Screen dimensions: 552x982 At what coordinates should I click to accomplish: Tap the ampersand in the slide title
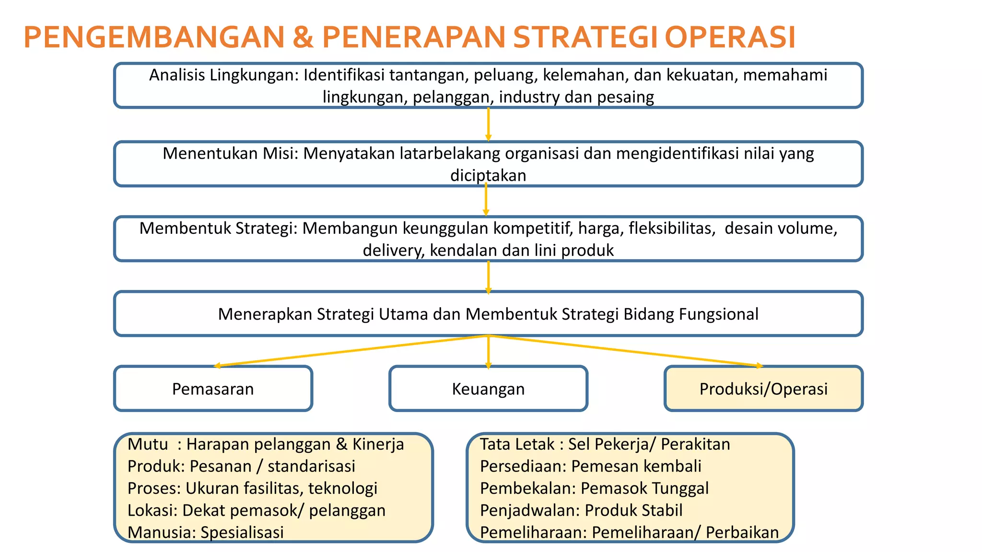pyautogui.click(x=303, y=37)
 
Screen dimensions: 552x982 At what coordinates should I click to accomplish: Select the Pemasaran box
pyautogui.click(x=213, y=389)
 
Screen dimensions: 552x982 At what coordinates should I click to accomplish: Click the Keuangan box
pyautogui.click(x=488, y=389)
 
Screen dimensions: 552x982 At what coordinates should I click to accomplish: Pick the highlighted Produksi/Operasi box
pyautogui.click(x=763, y=389)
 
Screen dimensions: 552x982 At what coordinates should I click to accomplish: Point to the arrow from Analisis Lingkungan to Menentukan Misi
pyautogui.click(x=488, y=124)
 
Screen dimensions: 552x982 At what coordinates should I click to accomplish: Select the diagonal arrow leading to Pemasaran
pyautogui.click(x=350, y=351)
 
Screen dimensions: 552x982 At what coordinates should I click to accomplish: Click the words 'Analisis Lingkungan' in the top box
pyautogui.click(x=224, y=75)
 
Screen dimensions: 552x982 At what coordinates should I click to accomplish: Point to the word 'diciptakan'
pyautogui.click(x=488, y=175)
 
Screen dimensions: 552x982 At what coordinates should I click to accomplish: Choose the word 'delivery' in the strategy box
pyautogui.click(x=393, y=250)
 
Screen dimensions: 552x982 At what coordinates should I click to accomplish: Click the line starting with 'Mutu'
pyautogui.click(x=266, y=444)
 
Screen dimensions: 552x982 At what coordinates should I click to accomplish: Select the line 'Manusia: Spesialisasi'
pyautogui.click(x=206, y=532)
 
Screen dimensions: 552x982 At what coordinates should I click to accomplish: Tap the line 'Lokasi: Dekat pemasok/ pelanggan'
pyautogui.click(x=257, y=510)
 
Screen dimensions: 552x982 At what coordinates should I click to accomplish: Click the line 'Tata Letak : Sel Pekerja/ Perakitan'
pyautogui.click(x=605, y=444)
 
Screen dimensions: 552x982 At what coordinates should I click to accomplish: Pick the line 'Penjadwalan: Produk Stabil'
pyautogui.click(x=581, y=510)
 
